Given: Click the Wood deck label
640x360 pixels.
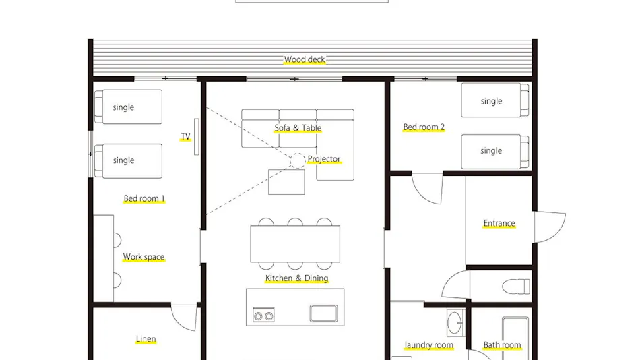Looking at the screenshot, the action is [305, 59].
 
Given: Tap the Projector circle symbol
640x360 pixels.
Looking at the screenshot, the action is [298, 160].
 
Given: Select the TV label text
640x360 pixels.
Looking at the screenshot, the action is [185, 136].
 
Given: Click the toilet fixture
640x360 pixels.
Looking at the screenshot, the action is [516, 286].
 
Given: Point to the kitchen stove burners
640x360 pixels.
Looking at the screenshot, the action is [263, 316].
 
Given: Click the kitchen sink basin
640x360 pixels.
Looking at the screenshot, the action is [323, 313].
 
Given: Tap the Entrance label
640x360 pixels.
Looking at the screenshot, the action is [499, 224].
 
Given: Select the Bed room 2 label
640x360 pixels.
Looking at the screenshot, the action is [424, 127].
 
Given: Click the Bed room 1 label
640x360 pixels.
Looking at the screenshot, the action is [144, 199].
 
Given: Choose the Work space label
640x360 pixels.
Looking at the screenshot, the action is [143, 257].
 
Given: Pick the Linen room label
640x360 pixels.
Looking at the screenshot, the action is [146, 339].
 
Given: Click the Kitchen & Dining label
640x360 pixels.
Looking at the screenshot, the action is [296, 278].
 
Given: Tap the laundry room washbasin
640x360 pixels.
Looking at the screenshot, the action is [455, 323].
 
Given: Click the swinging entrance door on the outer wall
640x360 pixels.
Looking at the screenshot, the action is [549, 227].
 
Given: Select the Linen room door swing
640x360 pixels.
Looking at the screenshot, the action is [184, 318].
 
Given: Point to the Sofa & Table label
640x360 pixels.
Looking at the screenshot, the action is [298, 128].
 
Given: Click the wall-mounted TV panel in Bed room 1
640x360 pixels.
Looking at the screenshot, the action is [196, 137].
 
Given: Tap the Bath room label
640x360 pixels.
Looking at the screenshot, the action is [502, 345].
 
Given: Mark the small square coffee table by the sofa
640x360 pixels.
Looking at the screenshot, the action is [286, 182].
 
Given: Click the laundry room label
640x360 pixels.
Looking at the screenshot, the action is [429, 345].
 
